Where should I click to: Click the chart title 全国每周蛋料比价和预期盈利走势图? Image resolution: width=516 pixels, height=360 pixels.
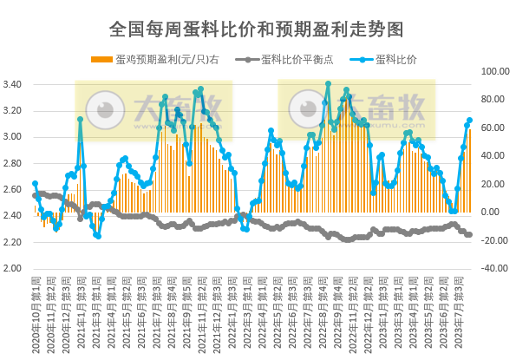tap(257, 29)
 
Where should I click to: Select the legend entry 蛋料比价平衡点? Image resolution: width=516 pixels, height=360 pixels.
tap(297, 59)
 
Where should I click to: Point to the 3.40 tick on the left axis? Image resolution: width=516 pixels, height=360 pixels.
tap(16, 84)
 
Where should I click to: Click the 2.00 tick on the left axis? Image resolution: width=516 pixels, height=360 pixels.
tap(16, 268)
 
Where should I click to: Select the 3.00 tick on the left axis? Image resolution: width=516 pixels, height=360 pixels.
tap(16, 137)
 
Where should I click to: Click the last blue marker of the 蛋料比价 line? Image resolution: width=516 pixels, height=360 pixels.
tap(470, 121)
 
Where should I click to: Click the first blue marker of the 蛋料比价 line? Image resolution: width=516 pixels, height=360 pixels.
tap(35, 183)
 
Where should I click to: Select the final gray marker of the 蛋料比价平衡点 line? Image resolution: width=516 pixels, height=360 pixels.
tap(470, 234)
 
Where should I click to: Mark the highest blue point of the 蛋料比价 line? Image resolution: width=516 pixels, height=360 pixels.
tap(328, 83)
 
